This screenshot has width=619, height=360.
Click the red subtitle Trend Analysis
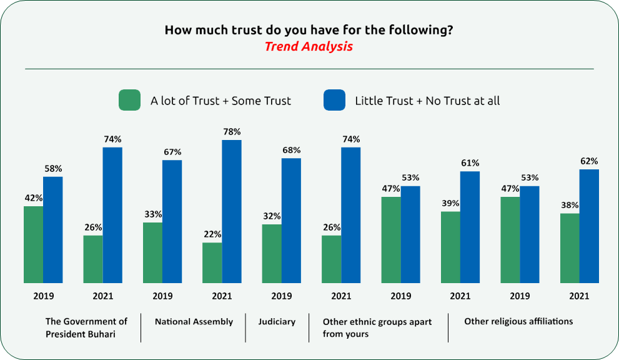[309, 47]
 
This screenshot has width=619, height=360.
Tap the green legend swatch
[130, 101]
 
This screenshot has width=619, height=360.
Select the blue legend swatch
[334, 101]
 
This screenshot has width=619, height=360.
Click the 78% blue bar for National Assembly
[232, 211]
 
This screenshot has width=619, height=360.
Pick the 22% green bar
[212, 262]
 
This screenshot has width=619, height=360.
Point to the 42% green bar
[33, 244]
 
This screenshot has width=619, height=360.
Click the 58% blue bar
[53, 229]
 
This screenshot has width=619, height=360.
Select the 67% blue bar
[172, 221]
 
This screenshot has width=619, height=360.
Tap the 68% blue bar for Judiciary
[291, 221]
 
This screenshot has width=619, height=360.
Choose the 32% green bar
[272, 254]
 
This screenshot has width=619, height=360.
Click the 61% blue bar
[470, 227]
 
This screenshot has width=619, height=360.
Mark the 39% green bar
[450, 247]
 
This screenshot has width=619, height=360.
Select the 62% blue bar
[589, 226]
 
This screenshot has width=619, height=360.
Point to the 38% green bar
[570, 248]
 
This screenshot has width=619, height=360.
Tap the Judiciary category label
[277, 322]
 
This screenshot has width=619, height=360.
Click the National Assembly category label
[194, 322]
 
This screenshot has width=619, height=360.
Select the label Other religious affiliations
[518, 321]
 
